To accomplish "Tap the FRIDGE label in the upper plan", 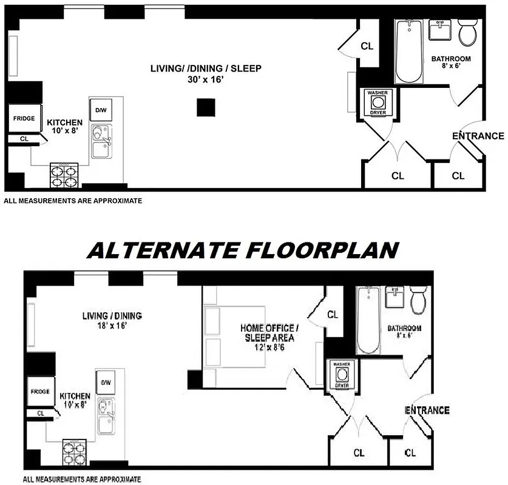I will tap(24, 119).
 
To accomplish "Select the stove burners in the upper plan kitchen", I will tap(64, 175).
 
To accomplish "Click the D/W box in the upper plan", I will tap(101, 110).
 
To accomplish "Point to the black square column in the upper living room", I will tap(206, 108).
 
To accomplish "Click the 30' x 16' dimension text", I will tap(206, 80).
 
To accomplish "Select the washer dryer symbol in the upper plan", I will tap(378, 103).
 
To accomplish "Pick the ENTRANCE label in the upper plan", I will tap(478, 136).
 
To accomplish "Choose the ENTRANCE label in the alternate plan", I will tap(427, 410).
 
